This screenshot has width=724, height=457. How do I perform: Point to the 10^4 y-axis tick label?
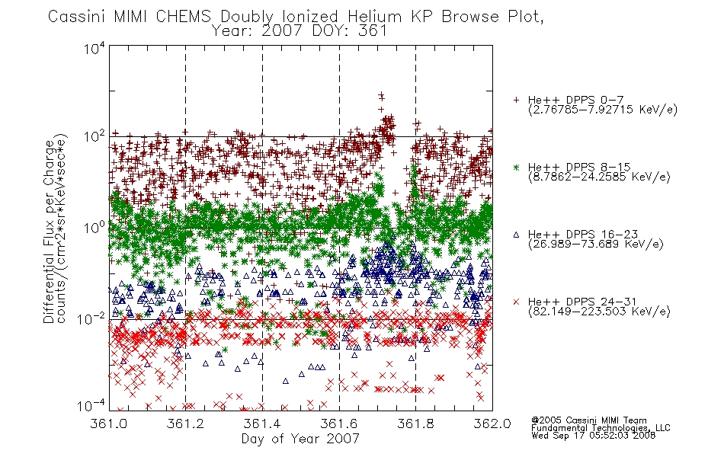95,49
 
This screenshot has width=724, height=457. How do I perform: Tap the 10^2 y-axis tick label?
95,138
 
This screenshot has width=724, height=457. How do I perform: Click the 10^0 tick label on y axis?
95,228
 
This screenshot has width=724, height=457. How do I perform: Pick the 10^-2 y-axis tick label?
91,318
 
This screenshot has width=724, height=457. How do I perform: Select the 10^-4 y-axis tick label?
91,406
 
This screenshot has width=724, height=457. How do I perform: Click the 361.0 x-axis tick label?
109,423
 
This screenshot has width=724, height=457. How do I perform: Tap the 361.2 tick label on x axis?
186,423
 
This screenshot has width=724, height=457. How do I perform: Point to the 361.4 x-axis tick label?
262,423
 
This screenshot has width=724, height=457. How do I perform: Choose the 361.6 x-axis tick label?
339,423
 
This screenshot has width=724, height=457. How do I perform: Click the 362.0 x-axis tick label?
492,423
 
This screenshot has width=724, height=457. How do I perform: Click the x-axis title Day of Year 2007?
300,439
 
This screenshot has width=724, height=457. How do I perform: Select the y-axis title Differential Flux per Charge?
50,232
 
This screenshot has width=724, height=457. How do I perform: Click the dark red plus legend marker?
516,100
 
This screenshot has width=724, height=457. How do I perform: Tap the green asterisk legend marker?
516,167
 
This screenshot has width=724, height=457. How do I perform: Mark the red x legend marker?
516,302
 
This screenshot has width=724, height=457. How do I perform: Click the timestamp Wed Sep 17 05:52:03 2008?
594,435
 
